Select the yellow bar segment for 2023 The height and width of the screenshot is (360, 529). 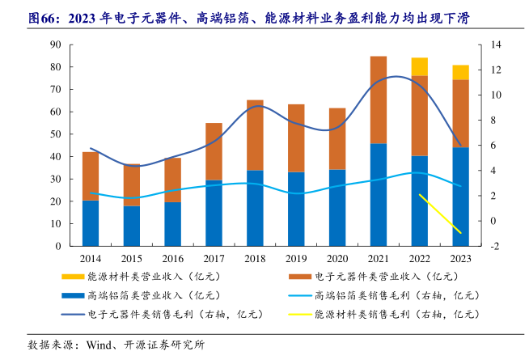click(461, 72)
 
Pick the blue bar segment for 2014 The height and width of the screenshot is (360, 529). click(91, 222)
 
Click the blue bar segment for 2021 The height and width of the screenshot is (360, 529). click(379, 194)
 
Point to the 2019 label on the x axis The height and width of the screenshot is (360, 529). click(296, 258)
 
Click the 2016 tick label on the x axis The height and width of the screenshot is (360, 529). click(172, 258)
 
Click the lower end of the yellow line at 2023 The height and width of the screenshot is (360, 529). click(461, 233)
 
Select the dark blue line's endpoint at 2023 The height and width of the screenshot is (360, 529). click(461, 146)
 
